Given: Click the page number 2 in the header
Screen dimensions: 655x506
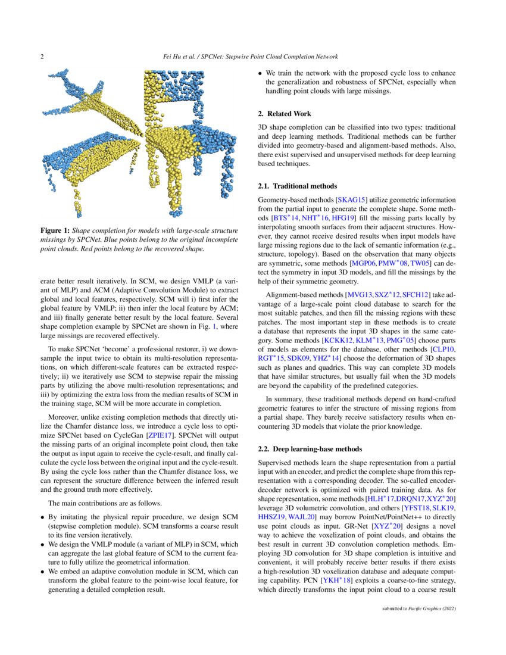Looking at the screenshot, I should pyautogui.click(x=42, y=57).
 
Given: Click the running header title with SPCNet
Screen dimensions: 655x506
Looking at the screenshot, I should pyautogui.click(x=251, y=57).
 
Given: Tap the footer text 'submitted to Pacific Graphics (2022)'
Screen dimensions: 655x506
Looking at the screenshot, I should pyautogui.click(x=418, y=609).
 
